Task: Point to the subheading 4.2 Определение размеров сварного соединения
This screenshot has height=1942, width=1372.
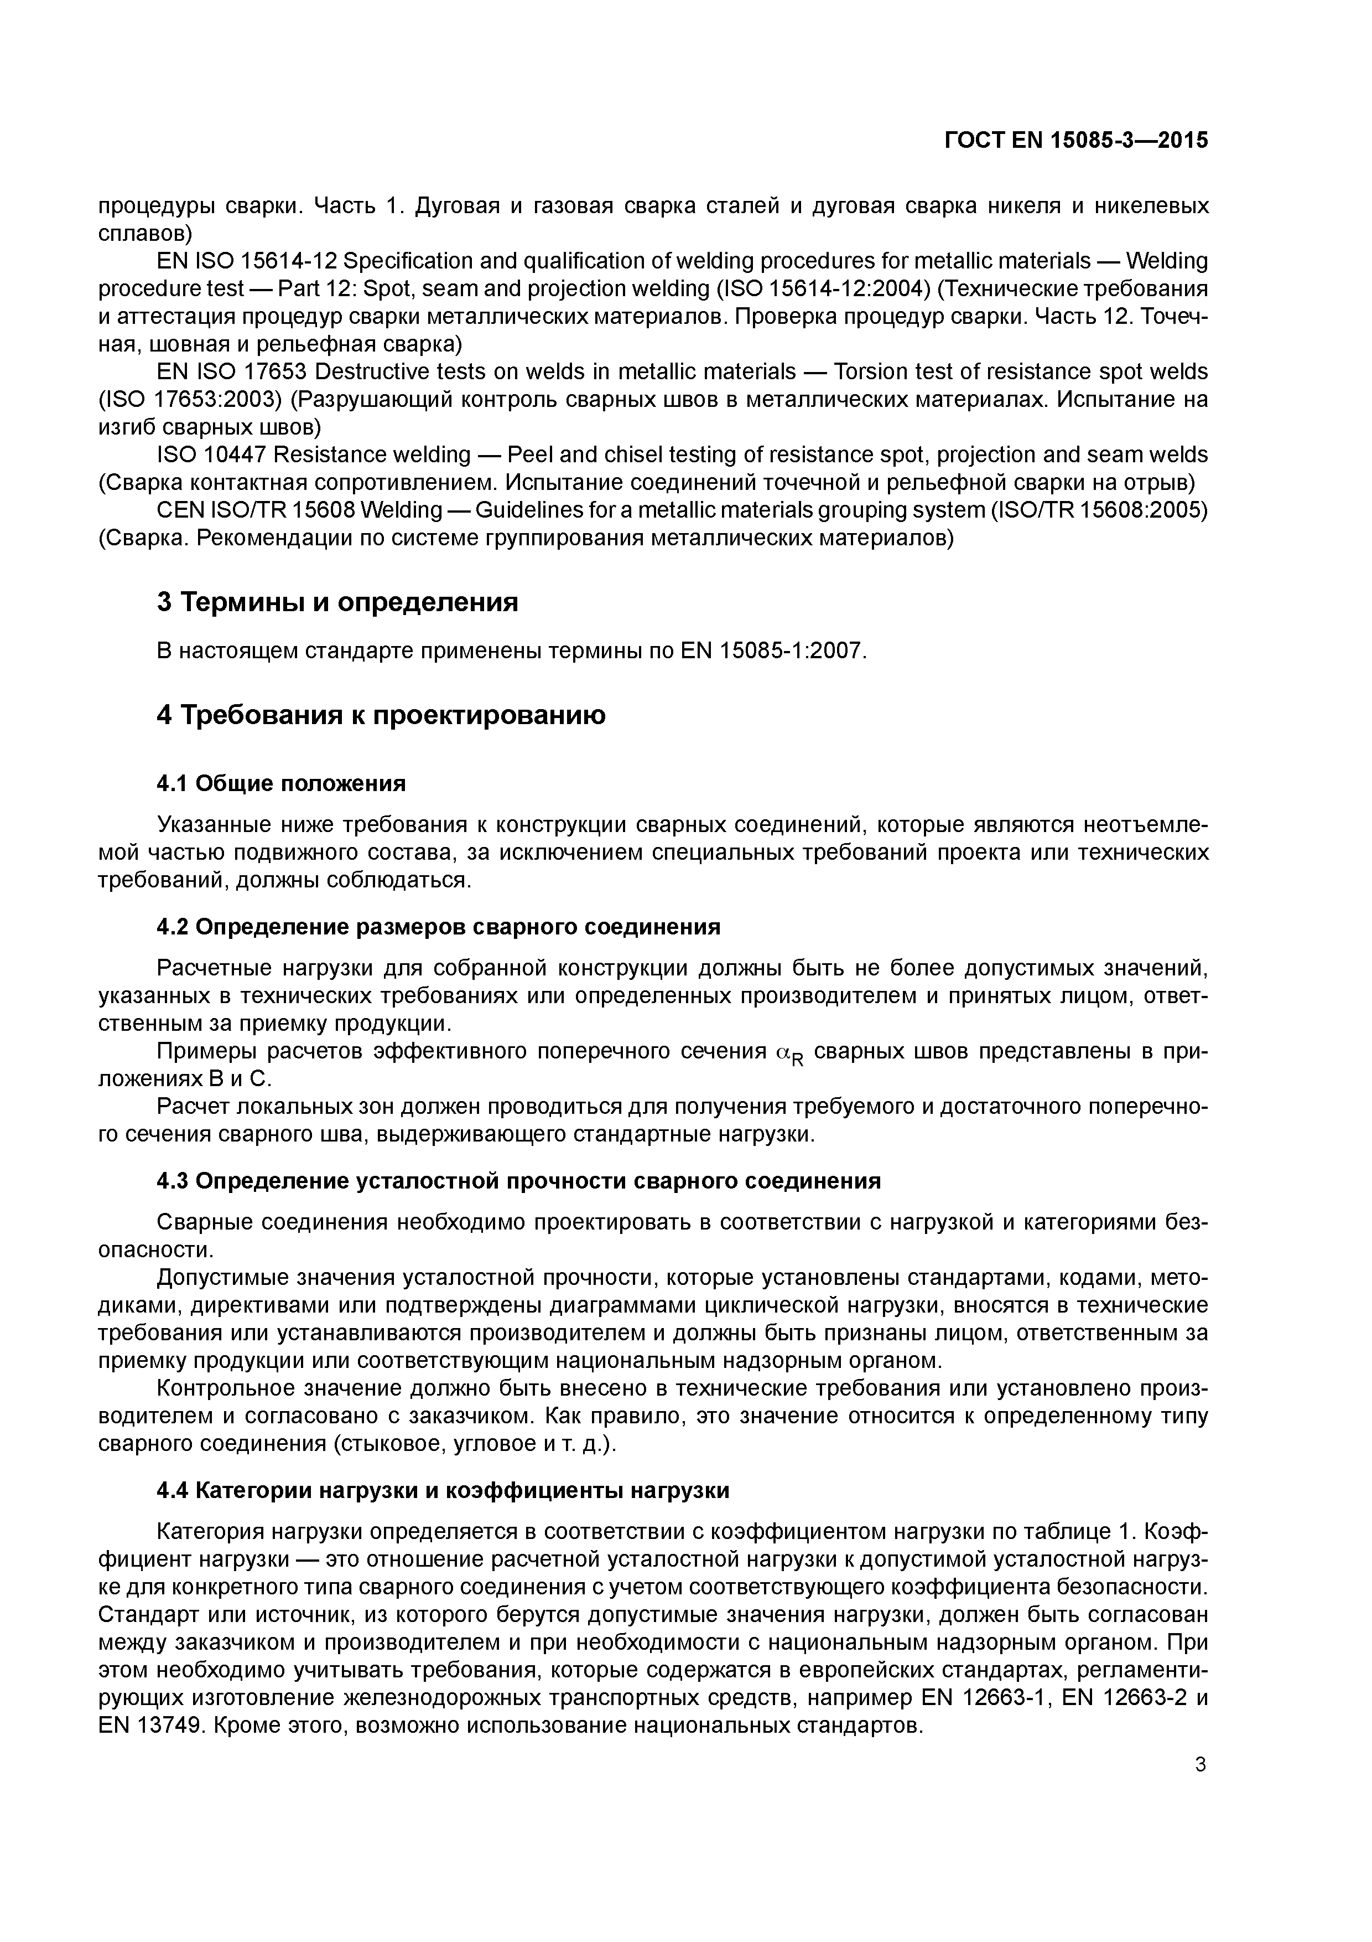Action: coord(438,927)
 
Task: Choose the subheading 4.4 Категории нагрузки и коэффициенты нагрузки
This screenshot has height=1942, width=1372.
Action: coord(443,1490)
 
